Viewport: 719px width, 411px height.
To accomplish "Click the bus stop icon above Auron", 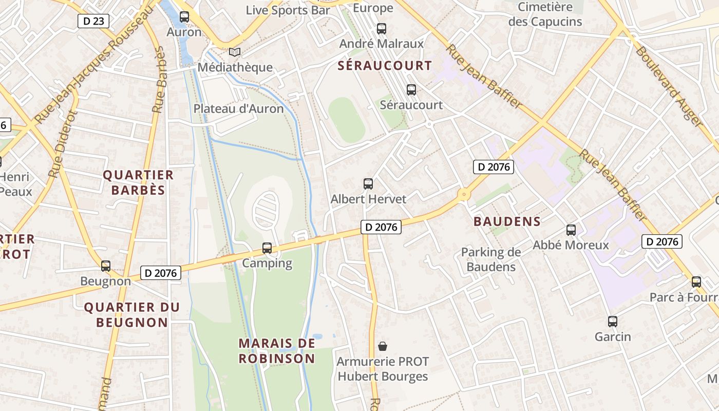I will tap(184, 17).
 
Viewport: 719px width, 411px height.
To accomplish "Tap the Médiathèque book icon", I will tap(235, 52).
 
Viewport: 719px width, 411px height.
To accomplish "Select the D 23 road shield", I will tap(93, 21).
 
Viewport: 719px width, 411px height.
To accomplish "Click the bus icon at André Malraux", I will tap(381, 29).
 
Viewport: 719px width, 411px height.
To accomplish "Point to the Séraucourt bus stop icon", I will tap(411, 90).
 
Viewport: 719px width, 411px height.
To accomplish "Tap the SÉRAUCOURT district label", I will tap(385, 66).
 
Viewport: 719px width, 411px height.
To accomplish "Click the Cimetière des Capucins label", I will tap(545, 14).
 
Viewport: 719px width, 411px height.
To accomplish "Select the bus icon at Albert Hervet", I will tap(368, 184).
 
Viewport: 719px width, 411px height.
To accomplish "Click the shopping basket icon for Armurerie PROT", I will tap(383, 346).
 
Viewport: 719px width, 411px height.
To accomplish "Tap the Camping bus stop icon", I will tap(267, 248).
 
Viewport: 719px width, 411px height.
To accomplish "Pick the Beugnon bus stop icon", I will tap(106, 266).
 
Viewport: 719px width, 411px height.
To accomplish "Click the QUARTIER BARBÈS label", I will tap(138, 182).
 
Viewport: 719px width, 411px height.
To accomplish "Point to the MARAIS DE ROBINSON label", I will tap(277, 350).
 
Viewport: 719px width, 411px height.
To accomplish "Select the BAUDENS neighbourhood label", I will tap(507, 221).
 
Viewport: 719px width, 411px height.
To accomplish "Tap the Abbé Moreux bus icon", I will tap(571, 230).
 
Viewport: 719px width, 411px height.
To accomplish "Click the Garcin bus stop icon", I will tap(612, 322).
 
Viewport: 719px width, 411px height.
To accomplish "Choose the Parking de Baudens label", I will tap(490, 259).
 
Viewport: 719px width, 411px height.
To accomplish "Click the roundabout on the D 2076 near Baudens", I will tap(464, 195).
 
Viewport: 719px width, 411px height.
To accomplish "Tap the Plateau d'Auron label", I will tap(238, 109).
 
